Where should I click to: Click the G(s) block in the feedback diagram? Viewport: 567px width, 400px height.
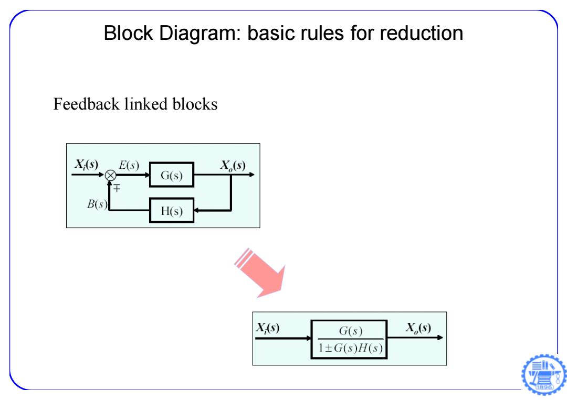coord(172,175)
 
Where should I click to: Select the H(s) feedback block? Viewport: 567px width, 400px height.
coord(172,210)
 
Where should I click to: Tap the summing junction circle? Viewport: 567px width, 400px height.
coord(111,176)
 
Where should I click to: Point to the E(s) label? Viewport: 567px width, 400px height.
coord(129,165)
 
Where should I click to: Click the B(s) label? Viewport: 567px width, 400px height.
coord(97,204)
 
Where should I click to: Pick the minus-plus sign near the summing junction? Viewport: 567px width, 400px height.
coord(117,188)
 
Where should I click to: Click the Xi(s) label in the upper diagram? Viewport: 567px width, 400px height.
coord(87,165)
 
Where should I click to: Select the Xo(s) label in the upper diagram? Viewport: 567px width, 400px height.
coord(233,166)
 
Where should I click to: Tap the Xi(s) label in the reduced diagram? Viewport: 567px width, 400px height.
coord(268,328)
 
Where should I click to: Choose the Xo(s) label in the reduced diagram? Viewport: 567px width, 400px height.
coord(418,328)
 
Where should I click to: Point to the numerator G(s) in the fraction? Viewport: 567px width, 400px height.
coord(351,331)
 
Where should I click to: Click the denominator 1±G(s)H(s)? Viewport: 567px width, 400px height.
coord(350,348)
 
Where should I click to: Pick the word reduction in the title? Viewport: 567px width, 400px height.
coord(421,33)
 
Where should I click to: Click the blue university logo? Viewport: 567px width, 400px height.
coord(544,374)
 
